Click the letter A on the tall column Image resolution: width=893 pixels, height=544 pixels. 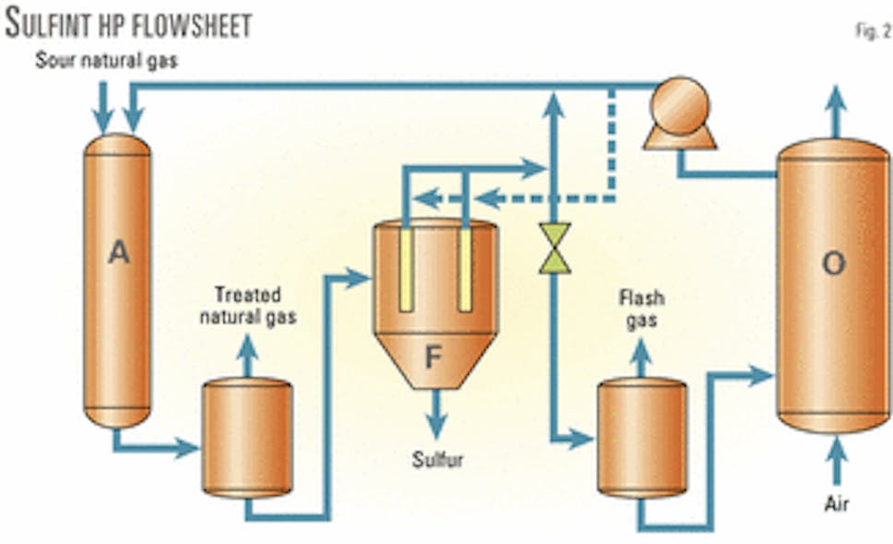point(117,253)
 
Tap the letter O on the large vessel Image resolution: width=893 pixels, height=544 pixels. point(833,264)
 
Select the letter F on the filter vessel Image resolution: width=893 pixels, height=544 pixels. point(435,359)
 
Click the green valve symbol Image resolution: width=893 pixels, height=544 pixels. point(555,248)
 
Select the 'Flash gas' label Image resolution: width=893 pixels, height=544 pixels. point(643,308)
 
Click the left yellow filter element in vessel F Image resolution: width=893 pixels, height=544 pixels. point(405,268)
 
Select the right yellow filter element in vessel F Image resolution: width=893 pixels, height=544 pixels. point(465,268)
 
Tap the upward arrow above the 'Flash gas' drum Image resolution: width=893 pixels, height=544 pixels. point(642,357)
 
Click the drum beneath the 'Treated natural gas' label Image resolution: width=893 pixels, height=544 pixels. point(247,437)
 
